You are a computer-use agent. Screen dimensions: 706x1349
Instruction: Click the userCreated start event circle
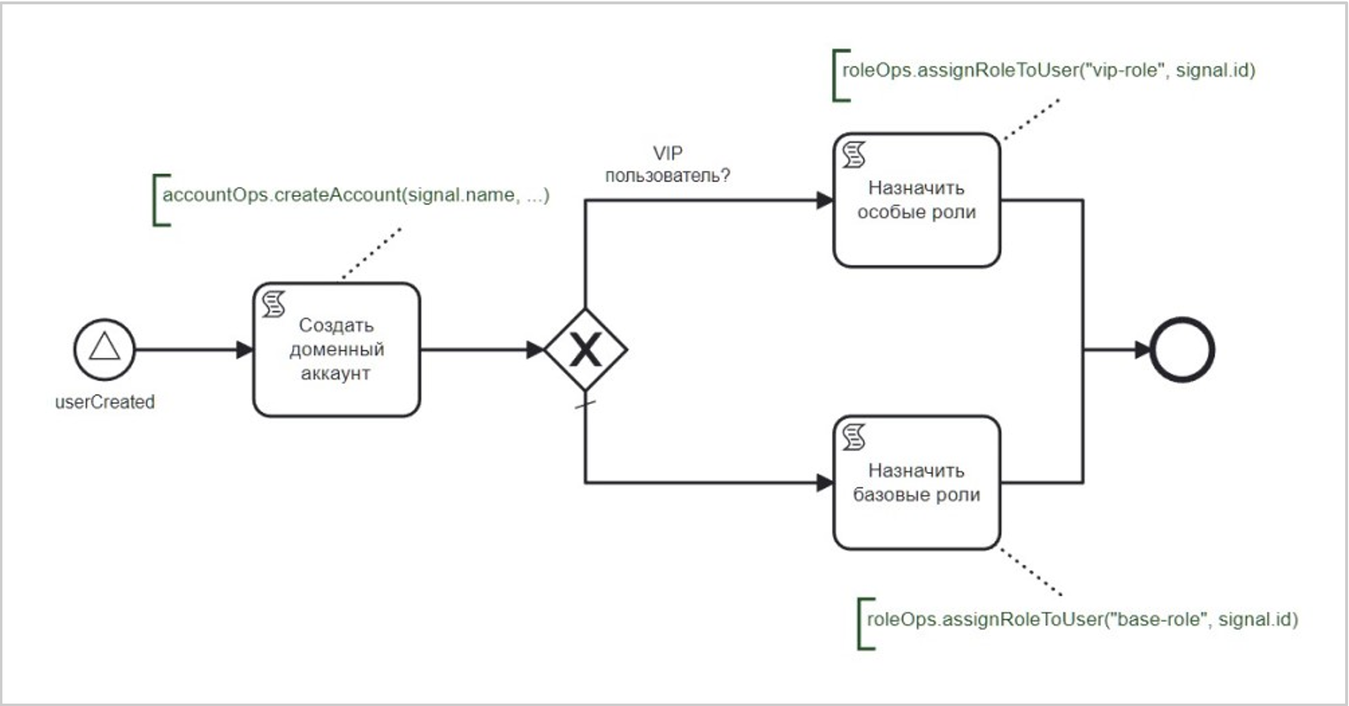pos(104,349)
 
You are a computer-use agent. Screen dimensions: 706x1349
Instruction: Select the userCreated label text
pos(105,402)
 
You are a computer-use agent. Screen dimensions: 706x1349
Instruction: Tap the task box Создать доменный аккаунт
pos(336,349)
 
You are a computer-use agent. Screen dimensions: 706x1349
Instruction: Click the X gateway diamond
pos(586,349)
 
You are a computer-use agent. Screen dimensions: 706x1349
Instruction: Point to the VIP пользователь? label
pos(667,164)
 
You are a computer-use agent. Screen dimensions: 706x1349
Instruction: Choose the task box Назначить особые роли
pos(917,200)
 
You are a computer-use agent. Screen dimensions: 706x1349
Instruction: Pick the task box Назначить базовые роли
pos(917,483)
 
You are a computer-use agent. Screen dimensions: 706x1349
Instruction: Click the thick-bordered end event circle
pos(1182,349)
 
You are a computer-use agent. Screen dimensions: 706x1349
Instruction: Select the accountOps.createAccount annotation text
pos(356,195)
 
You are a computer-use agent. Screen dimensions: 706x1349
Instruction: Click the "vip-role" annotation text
pos(1048,70)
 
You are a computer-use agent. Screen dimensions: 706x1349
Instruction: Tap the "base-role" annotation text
pos(1082,619)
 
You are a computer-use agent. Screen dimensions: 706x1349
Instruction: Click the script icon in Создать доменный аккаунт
pos(273,304)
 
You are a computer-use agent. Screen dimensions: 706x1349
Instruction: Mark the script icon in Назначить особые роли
pos(854,155)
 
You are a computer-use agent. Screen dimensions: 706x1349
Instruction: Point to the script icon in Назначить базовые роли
pos(854,438)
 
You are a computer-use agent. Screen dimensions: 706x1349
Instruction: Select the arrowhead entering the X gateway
pos(535,349)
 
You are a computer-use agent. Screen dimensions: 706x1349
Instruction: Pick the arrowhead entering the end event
pos(1142,349)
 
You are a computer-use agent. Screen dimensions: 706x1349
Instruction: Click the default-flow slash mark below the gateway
pos(586,404)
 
